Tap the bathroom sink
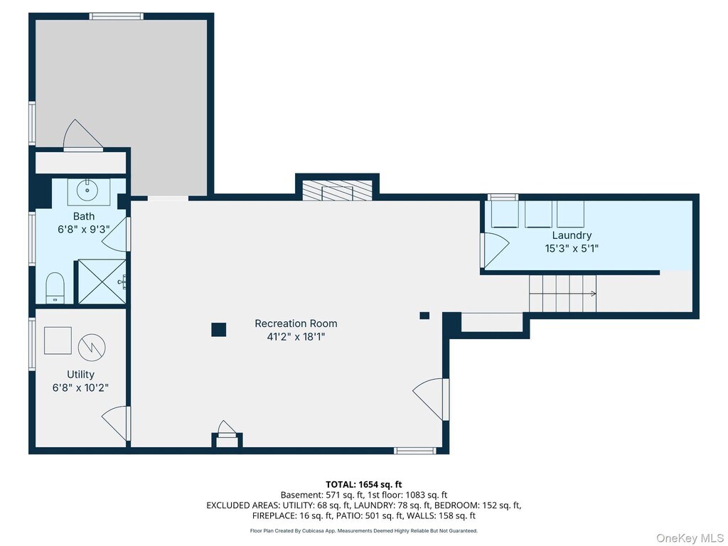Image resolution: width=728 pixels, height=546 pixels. point(89,191)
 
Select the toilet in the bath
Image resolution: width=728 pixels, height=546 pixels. point(55,288)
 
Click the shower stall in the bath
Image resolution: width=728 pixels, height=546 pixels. point(102,282)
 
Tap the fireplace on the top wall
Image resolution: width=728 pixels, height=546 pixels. point(338,191)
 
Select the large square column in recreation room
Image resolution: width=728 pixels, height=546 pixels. point(219,330)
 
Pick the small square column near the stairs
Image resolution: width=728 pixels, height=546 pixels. point(424,316)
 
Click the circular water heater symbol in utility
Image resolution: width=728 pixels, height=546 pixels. point(92,347)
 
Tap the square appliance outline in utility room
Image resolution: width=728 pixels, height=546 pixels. point(58,341)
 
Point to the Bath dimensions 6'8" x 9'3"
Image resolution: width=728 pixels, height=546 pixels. point(84,229)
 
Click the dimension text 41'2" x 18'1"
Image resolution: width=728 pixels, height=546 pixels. point(296,336)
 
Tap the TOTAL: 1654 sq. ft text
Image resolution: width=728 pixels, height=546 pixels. point(363,485)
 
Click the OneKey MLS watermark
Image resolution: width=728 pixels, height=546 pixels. point(690,538)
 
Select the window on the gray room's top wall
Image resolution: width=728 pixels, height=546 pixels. point(116,16)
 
